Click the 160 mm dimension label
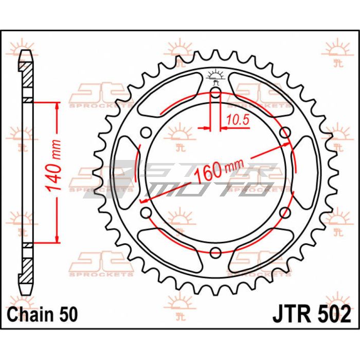[219, 169]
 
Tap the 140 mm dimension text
[53, 166]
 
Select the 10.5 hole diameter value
[238, 120]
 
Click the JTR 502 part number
[312, 314]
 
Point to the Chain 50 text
[43, 314]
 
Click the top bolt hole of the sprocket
[215, 93]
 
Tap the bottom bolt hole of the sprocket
[215, 253]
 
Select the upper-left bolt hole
[146, 133]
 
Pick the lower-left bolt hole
[146, 212]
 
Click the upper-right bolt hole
[285, 133]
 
